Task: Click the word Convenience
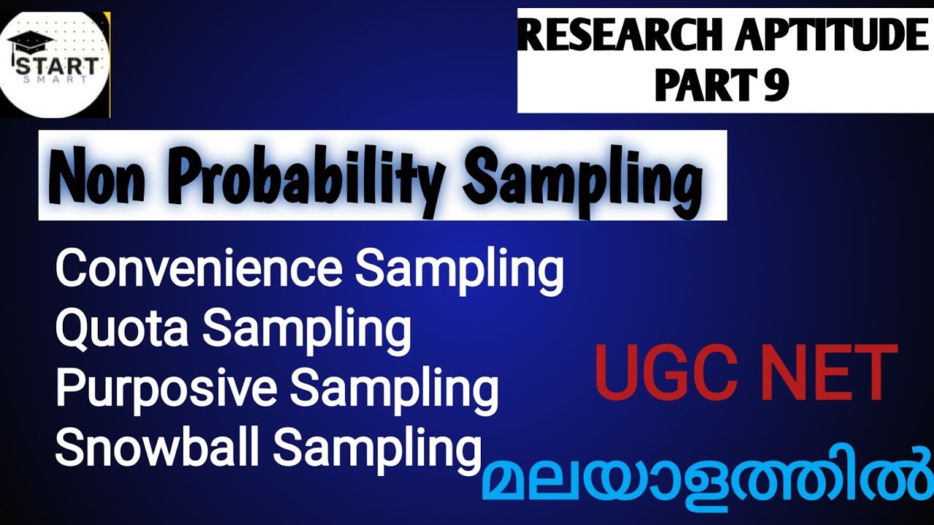coord(198,268)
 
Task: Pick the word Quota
coord(123,328)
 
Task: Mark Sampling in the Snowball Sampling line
coord(378,448)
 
